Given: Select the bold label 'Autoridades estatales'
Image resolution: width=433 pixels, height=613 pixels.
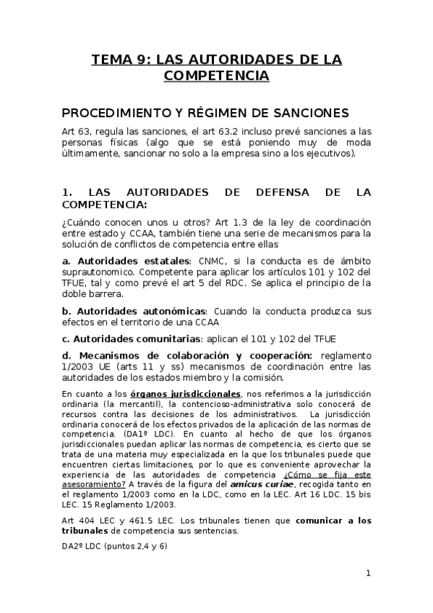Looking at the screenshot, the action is coord(132,260).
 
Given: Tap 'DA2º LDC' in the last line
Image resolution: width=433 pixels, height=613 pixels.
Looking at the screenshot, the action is coord(81,546).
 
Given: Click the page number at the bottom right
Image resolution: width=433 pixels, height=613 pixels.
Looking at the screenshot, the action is coord(368,573).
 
